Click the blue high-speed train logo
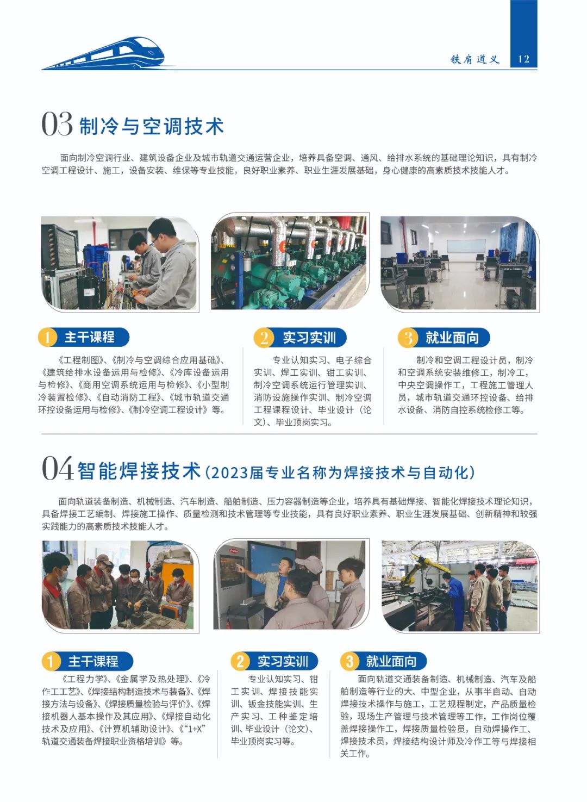click(108, 54)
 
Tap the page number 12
click(523, 59)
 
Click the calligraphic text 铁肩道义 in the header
click(475, 59)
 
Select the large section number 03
click(57, 124)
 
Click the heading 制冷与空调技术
click(152, 126)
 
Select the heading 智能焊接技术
click(139, 471)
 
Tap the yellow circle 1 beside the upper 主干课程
click(47, 337)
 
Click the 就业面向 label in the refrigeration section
click(452, 338)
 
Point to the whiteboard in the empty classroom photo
click(466, 246)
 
